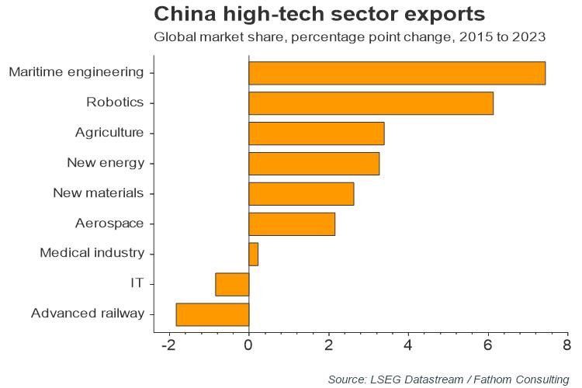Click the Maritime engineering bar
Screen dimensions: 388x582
click(x=397, y=72)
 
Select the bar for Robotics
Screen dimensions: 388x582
click(x=371, y=102)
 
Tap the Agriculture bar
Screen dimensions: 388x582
click(x=316, y=133)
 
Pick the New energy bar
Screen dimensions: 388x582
click(x=314, y=163)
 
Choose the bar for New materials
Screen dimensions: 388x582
click(x=301, y=193)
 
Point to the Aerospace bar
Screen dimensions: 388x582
click(x=292, y=223)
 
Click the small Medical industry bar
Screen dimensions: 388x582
click(x=253, y=254)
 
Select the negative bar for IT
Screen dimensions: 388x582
click(x=232, y=284)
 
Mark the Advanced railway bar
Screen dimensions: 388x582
click(x=213, y=314)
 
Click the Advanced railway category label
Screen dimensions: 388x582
click(x=88, y=314)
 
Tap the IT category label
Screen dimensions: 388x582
click(x=137, y=284)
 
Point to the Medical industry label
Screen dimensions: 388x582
click(x=92, y=254)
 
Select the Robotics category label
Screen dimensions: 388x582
click(x=116, y=102)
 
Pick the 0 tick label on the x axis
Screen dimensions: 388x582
click(x=248, y=345)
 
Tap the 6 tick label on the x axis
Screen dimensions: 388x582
click(x=488, y=345)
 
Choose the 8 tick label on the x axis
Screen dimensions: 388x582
click(x=567, y=345)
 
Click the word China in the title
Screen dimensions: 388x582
click(x=183, y=14)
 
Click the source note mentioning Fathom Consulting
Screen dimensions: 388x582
click(x=449, y=379)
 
